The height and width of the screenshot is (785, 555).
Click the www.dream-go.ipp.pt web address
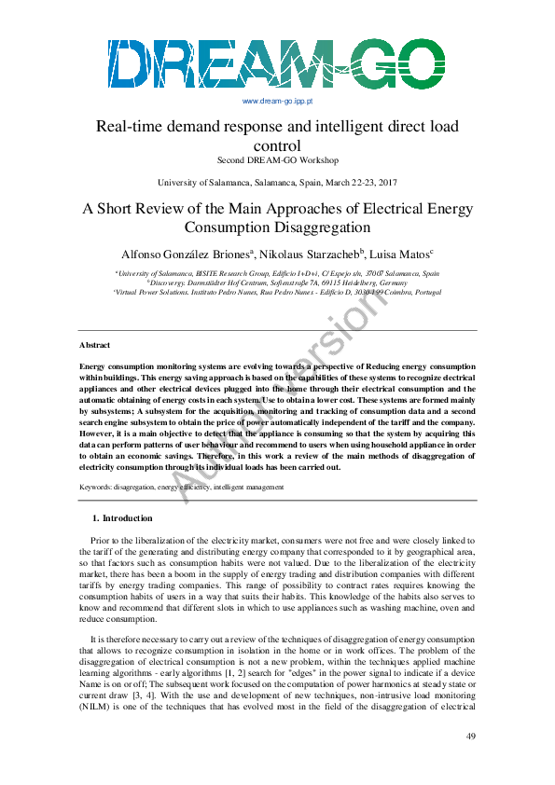pos(277,100)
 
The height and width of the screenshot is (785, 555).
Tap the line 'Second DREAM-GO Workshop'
pos(277,160)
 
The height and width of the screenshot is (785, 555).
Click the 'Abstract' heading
pos(95,345)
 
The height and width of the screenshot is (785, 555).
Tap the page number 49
pos(471,737)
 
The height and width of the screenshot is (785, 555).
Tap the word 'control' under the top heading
pos(277,145)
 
